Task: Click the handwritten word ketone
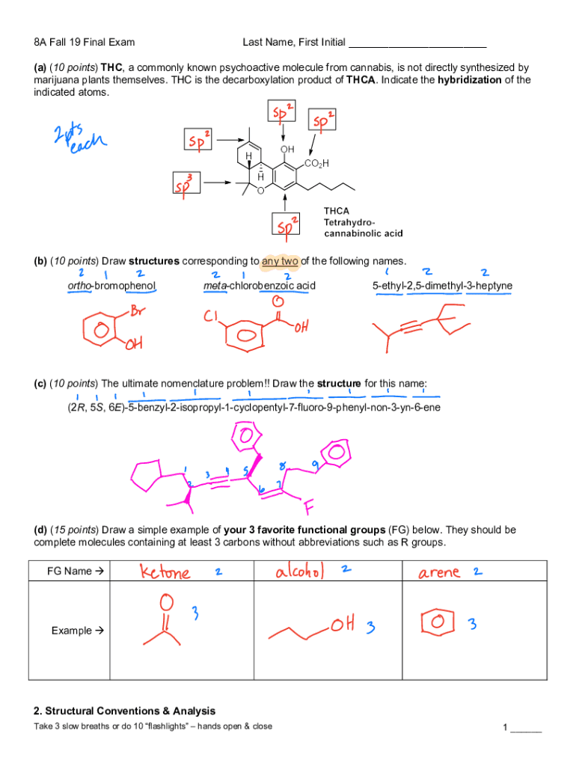point(165,573)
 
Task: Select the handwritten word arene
point(439,573)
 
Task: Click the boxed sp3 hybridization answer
point(185,183)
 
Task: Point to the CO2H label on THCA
point(316,164)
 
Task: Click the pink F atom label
point(309,509)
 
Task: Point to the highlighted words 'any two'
point(280,261)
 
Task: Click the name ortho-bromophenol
point(112,286)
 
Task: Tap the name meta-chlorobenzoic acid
point(260,286)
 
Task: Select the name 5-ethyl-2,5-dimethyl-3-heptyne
point(442,286)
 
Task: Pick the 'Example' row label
point(78,631)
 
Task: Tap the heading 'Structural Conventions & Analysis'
point(124,711)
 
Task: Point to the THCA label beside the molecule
point(336,211)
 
